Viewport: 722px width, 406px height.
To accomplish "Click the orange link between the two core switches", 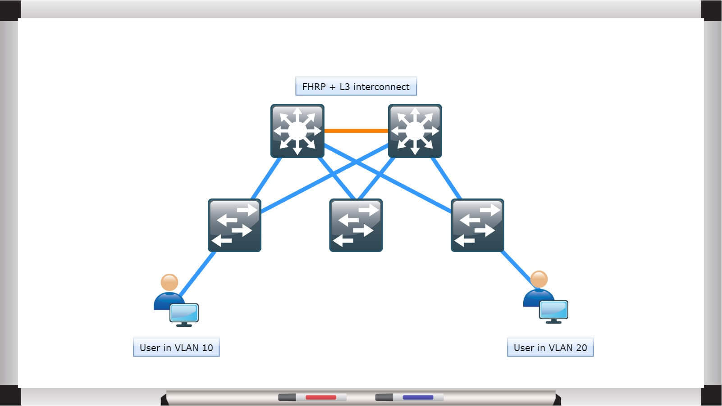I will (x=356, y=131).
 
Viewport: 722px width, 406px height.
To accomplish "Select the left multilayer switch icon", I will (x=297, y=131).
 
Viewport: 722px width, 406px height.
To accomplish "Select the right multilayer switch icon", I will (x=415, y=131).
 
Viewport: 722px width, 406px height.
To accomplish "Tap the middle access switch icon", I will (x=356, y=225).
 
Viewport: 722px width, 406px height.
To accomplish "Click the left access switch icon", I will (x=234, y=225).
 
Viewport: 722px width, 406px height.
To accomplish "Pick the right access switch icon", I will (x=478, y=225).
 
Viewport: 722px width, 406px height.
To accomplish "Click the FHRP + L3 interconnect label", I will (x=356, y=86).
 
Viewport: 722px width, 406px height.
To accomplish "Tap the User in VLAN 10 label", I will (x=176, y=347).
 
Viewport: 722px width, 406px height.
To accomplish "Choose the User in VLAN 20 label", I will (x=550, y=347).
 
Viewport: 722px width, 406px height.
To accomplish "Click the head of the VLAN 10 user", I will (x=169, y=283).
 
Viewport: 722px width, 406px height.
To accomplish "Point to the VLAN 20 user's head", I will (x=539, y=280).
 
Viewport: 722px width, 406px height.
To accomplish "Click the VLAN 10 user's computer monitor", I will (x=184, y=313).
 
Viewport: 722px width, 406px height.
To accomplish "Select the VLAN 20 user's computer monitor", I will (x=554, y=310).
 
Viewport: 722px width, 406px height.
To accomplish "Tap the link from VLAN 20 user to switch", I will (x=516, y=267).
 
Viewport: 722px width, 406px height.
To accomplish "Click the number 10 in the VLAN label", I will (x=207, y=347).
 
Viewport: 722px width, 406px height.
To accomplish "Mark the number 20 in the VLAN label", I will (x=581, y=347).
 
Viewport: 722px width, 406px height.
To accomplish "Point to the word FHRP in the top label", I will (x=314, y=86).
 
